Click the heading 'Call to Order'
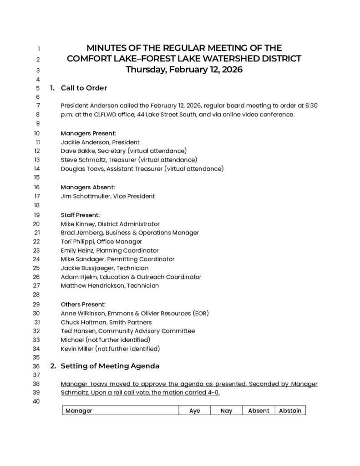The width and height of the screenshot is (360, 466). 84,88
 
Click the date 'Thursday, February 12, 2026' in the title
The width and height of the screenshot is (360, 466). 184,70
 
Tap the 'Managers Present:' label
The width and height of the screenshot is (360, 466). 88,133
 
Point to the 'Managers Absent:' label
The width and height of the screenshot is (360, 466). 88,187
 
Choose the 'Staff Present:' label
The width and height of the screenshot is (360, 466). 80,215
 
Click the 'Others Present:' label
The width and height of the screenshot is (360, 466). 83,304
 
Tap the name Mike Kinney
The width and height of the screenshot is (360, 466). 77,224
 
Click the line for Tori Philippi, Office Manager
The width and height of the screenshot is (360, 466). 101,242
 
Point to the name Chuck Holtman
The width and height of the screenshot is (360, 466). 80,322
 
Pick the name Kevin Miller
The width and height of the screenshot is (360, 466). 77,349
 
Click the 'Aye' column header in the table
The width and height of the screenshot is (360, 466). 194,410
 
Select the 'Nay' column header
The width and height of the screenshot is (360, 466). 226,410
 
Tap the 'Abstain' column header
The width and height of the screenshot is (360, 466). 290,410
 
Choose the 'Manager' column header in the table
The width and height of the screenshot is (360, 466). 79,410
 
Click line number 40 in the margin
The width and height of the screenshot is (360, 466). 37,401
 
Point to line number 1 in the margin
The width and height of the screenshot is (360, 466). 39,49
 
